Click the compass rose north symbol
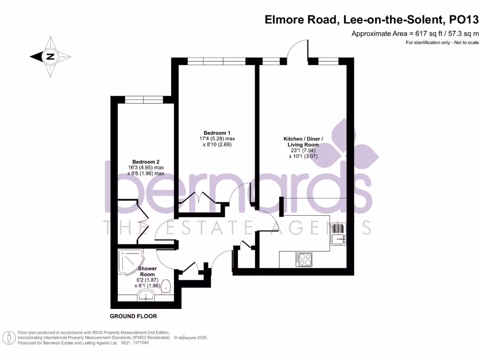click(50, 57)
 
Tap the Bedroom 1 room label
click(217, 133)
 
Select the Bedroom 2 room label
click(146, 161)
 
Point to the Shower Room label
click(147, 271)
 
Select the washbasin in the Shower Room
click(146, 295)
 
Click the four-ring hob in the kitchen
click(304, 259)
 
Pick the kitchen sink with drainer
click(338, 233)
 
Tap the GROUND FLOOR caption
click(133, 316)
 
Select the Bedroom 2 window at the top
click(144, 99)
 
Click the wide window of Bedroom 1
click(217, 61)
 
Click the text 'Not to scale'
click(464, 43)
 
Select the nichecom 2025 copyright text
click(191, 337)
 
